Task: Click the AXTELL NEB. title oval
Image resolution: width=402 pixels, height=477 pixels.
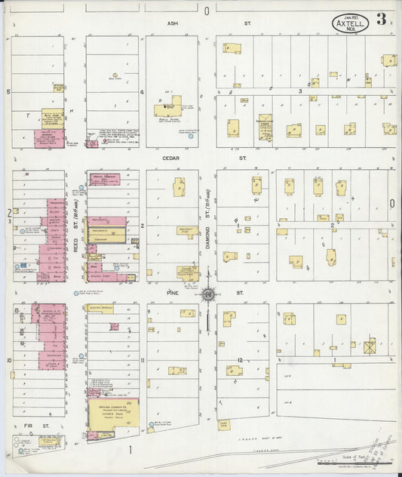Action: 351,23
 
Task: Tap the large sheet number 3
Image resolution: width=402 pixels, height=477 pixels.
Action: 383,19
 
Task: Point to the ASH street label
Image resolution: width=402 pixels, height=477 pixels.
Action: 172,23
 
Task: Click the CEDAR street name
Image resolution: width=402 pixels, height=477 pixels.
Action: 171,159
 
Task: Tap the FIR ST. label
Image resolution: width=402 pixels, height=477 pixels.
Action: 28,426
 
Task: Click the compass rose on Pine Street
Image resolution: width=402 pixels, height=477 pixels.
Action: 207,294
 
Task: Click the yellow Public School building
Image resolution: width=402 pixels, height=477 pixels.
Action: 170,107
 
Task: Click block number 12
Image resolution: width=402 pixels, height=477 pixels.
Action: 240,359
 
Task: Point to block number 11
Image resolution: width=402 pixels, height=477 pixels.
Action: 142,360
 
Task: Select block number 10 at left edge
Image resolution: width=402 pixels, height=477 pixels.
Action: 8,360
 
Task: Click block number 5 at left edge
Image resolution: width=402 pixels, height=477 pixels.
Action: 8,91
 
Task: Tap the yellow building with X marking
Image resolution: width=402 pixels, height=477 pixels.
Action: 370,348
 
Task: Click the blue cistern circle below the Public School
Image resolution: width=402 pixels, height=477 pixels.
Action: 190,137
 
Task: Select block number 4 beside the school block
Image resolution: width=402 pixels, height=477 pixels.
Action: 142,91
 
